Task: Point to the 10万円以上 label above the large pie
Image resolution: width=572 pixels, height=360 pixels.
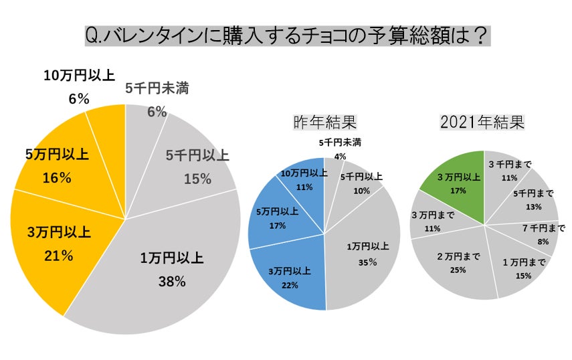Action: [x=79, y=76]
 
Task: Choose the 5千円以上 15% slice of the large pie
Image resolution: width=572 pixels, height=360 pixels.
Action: [x=194, y=167]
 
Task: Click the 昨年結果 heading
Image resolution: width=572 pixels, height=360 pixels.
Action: [x=324, y=122]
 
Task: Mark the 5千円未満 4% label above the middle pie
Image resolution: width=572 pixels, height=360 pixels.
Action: [x=340, y=149]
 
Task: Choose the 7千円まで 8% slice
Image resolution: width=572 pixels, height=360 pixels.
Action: [x=542, y=235]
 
